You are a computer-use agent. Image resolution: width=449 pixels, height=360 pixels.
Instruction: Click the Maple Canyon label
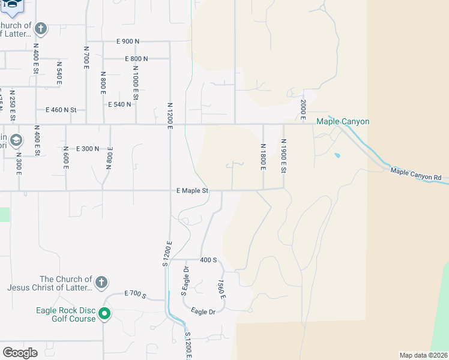pos(343,121)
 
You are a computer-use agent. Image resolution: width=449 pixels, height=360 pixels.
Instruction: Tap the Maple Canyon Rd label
pos(416,175)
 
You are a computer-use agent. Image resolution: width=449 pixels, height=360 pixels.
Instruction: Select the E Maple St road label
pos(192,191)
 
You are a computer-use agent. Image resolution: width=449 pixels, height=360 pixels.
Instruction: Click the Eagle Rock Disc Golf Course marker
pos(104,314)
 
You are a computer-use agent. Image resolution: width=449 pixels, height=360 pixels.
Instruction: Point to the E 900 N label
pos(128,41)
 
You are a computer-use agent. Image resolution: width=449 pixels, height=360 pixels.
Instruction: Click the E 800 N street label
pos(136,59)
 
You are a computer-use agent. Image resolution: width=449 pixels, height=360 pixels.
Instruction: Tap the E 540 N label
pos(119,104)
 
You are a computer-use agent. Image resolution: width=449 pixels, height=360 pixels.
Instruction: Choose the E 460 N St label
pos(61,110)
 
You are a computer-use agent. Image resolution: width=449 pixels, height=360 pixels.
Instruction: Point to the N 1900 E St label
pos(283,155)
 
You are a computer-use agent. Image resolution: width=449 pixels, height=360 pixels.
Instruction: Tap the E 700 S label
pos(136,293)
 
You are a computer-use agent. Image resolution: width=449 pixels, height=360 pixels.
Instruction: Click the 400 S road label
pos(208,260)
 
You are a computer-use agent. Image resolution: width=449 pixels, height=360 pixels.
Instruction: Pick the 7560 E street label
pos(221,290)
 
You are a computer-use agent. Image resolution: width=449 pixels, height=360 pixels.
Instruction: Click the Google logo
pos(20,353)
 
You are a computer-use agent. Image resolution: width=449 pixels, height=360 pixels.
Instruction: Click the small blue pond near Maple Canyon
pos(337,155)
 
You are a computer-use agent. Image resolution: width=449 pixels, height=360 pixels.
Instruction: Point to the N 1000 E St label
pos(136,85)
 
